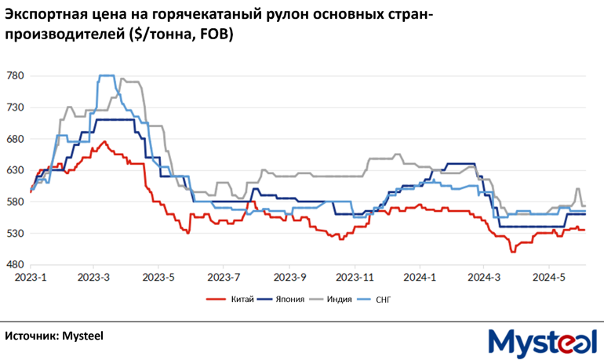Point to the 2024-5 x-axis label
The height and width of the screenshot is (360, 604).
[x=549, y=277]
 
